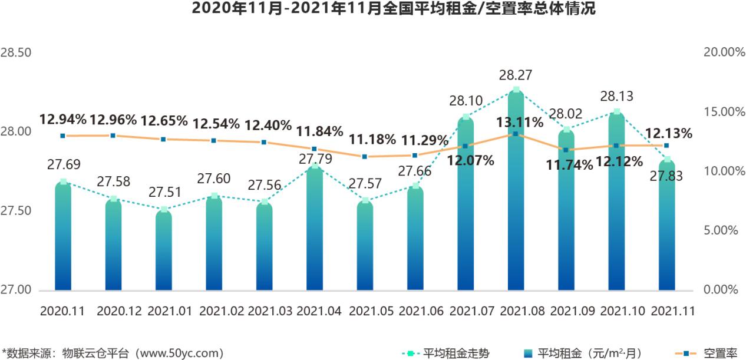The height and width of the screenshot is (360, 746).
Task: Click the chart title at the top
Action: [x=373, y=9]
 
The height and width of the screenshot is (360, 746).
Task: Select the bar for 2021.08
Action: [x=516, y=194]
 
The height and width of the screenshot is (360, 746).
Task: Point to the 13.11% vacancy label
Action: [x=519, y=123]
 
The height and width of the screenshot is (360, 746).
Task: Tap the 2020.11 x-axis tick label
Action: [x=62, y=311]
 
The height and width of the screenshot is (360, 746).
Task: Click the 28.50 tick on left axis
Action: [x=16, y=53]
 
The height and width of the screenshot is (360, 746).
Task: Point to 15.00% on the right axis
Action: [x=724, y=112]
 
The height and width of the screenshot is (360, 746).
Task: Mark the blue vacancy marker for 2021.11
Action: [x=666, y=145]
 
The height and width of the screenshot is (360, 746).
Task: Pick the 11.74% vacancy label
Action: [x=569, y=166]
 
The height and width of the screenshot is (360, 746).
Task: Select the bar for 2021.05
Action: [x=365, y=247]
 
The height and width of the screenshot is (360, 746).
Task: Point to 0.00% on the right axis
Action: [x=721, y=290]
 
